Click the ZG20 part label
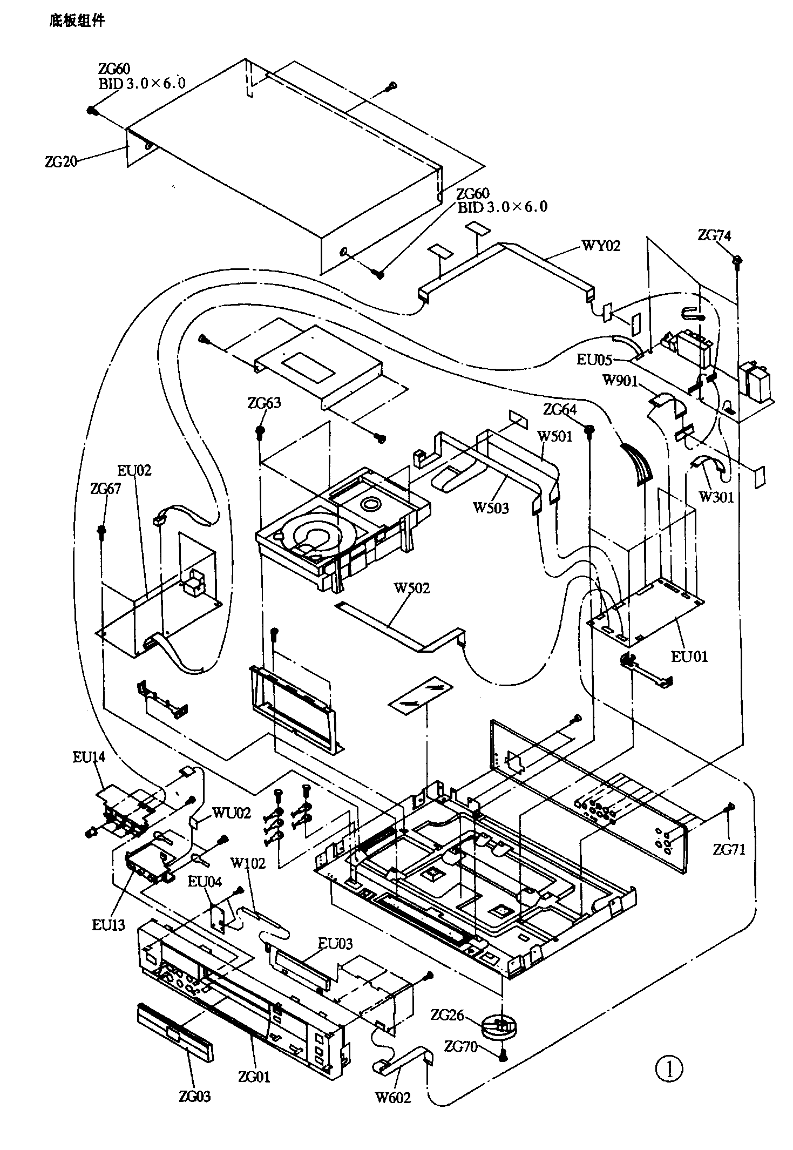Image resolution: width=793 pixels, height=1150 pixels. click(x=61, y=161)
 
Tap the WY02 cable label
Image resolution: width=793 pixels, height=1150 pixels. click(x=600, y=246)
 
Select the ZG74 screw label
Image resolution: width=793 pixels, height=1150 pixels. click(x=714, y=235)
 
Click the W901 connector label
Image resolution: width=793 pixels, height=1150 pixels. click(x=620, y=381)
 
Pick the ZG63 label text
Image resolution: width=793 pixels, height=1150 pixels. click(x=264, y=403)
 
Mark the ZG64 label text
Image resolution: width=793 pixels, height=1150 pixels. click(x=559, y=410)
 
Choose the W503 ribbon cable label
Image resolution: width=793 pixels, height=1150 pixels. click(x=491, y=508)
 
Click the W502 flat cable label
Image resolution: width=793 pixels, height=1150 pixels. click(x=411, y=588)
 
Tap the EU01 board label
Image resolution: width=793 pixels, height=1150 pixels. click(x=689, y=657)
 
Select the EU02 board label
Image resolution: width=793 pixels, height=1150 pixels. click(x=134, y=470)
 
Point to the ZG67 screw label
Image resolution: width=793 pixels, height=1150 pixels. click(x=106, y=489)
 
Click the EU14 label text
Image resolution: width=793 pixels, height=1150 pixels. click(x=89, y=757)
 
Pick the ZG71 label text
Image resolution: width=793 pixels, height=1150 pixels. click(x=728, y=849)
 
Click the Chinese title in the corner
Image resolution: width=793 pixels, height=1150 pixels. click(x=77, y=21)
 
